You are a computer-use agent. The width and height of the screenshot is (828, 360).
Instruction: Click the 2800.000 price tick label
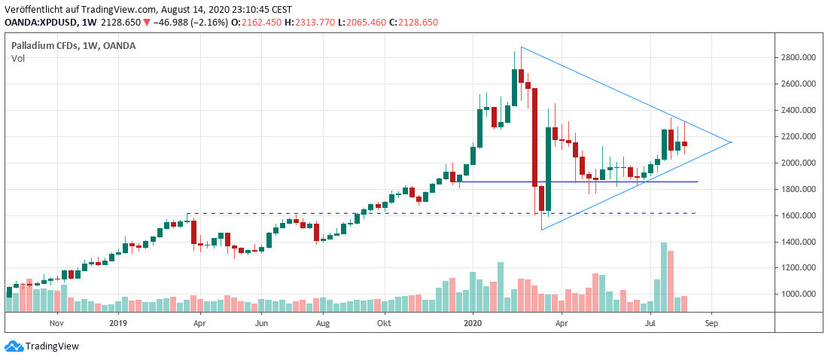point(799,57)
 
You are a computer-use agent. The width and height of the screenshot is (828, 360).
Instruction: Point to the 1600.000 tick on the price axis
point(799,215)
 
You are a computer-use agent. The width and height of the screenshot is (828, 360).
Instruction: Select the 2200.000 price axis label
point(799,136)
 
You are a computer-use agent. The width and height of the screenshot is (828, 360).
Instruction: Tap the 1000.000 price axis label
point(799,294)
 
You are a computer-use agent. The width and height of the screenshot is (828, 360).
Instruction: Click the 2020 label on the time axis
point(473,322)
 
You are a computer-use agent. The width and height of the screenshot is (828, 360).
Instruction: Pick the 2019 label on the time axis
point(119,322)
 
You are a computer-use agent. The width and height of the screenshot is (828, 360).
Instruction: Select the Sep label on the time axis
point(712,322)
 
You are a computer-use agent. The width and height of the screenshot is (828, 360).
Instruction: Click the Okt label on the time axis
point(384,322)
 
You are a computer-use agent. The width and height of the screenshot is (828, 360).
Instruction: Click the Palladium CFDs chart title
point(73,46)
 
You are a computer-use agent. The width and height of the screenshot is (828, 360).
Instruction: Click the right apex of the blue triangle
point(731,142)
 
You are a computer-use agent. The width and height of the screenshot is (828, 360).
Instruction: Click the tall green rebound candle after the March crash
point(549,169)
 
